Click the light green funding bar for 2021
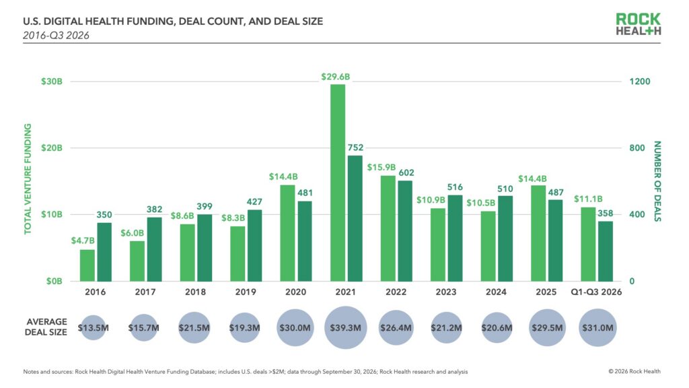pos(338,183)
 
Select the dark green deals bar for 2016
pos(104,252)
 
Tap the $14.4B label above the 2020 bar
pos(283,177)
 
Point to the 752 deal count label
pos(355,148)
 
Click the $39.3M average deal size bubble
pos(345,328)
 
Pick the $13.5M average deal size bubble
pos(93,328)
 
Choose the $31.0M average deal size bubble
pos(597,328)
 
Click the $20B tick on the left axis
pos(52,148)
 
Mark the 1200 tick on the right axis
pos(640,82)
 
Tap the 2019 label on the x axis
pos(246,292)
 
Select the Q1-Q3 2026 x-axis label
pos(596,292)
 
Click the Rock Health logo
pos(639,24)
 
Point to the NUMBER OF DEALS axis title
pos(657,181)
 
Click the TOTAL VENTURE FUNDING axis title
pos(28,179)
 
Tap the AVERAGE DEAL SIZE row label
pos(46,327)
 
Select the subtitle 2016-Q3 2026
pos(56,36)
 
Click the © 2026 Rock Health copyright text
pos(634,371)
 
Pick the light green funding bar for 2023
pos(437,245)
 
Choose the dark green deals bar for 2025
pos(555,240)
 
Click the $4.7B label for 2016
pos(83,240)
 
